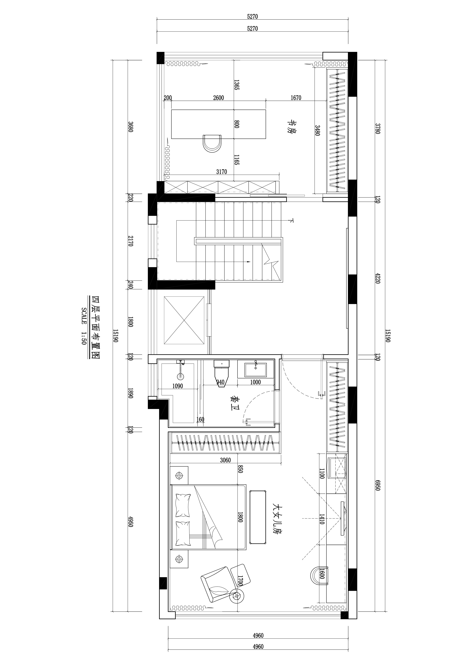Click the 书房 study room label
point(292,127)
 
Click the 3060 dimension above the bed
point(225,460)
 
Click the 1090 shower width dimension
point(177,386)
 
